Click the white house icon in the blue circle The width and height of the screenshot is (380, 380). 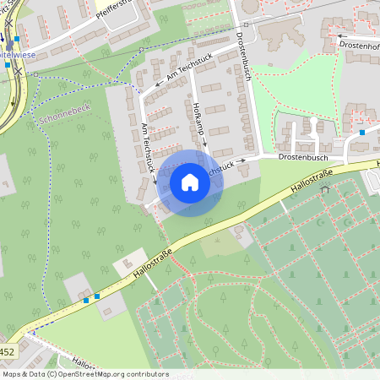pyautogui.click(x=190, y=182)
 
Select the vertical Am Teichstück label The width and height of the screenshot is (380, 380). pyautogui.click(x=149, y=148)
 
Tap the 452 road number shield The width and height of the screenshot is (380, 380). pyautogui.click(x=7, y=350)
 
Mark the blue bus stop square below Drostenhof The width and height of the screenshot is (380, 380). pyautogui.click(x=362, y=132)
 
